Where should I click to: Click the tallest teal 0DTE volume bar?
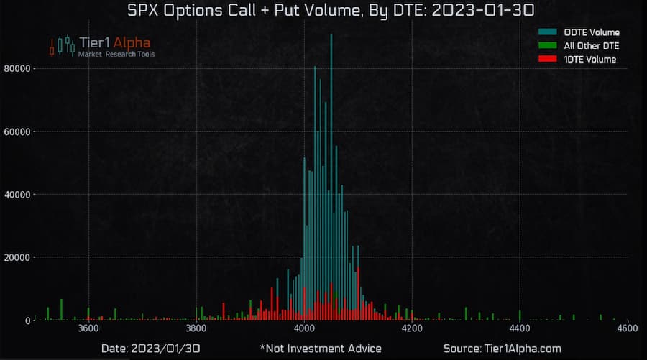tap(331, 172)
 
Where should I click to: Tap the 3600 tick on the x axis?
tap(88, 329)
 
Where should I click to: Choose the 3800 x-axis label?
tap(196, 329)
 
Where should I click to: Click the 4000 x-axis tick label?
tap(304, 329)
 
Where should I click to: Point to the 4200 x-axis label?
tap(412, 329)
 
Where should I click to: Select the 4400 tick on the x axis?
tap(520, 329)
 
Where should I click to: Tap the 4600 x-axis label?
tap(628, 329)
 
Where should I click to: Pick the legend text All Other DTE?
tap(592, 46)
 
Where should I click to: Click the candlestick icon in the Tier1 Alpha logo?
tap(62, 45)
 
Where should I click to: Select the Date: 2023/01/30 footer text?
tap(151, 349)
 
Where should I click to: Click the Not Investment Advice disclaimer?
tap(321, 349)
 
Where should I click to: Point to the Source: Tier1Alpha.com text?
tap(502, 349)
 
